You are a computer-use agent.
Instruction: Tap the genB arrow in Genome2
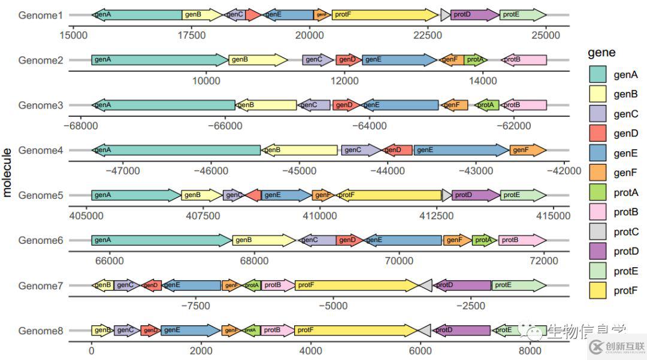pyautogui.click(x=258, y=60)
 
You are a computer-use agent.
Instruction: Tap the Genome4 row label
pyautogui.click(x=41, y=150)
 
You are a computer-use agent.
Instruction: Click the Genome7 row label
pyautogui.click(x=41, y=286)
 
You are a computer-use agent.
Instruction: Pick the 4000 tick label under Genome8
pyautogui.click(x=310, y=350)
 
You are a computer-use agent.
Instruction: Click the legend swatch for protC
pyautogui.click(x=598, y=232)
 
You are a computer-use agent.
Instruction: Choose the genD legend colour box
pyautogui.click(x=598, y=133)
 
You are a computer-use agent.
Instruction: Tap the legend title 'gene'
pyautogui.click(x=601, y=53)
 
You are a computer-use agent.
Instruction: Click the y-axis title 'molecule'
pyautogui.click(x=7, y=173)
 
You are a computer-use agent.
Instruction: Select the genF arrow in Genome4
pyautogui.click(x=528, y=150)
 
